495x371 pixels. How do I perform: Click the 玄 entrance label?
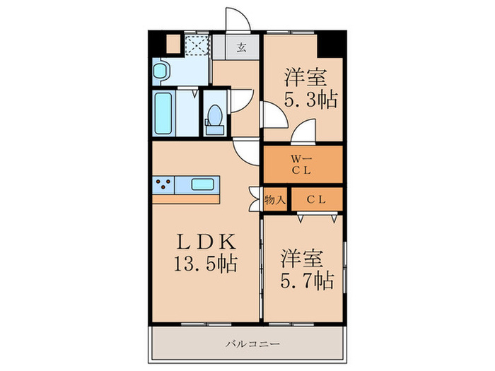242,48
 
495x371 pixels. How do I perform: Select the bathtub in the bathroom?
164,112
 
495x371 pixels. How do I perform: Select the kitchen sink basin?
204,185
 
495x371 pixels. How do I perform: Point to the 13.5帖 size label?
205,264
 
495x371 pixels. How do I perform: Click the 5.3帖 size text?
310,98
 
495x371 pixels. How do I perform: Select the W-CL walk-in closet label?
301,164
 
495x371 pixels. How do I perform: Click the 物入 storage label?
275,200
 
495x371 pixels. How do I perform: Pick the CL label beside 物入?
316,200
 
